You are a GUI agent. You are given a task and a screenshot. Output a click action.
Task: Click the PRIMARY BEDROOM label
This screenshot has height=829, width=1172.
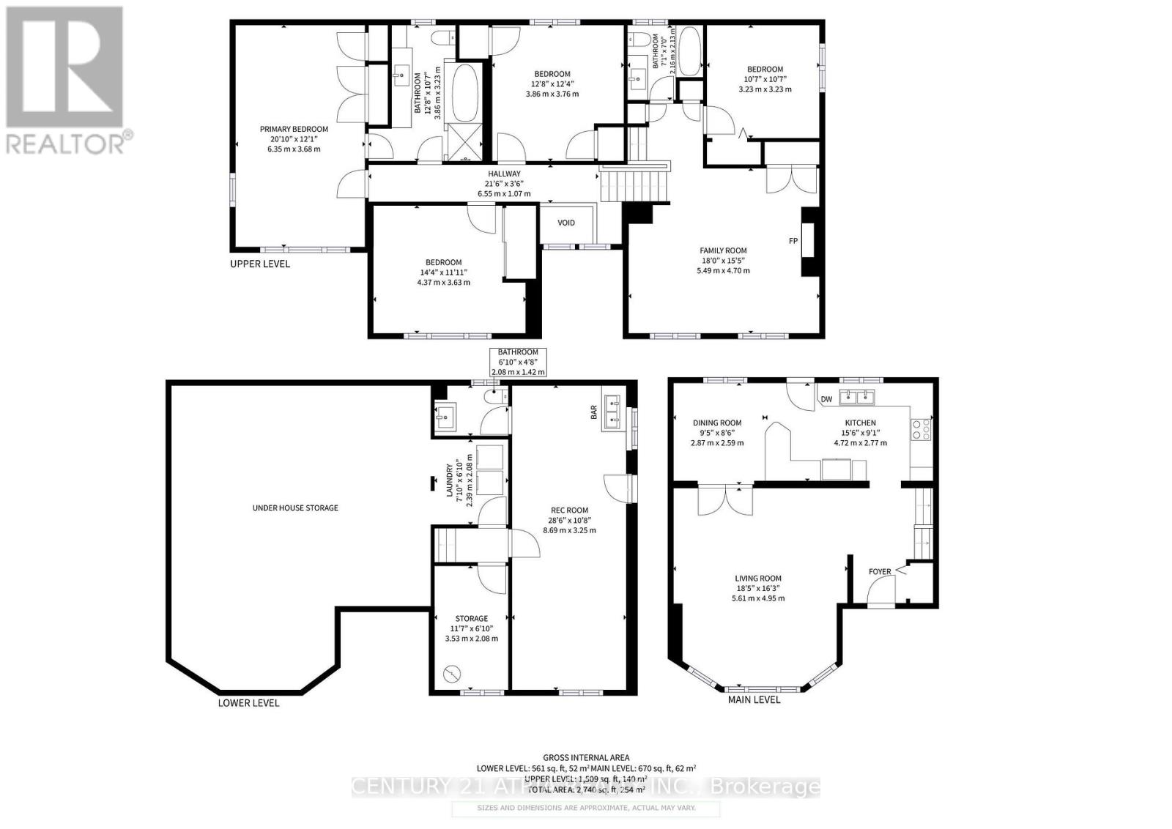point(294,129)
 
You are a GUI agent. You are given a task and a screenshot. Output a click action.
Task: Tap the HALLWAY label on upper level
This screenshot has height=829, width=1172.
point(504,174)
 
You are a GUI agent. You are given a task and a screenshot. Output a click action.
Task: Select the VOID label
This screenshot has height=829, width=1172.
point(566,223)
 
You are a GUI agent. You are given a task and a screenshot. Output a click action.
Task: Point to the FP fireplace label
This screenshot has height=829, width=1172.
point(793,241)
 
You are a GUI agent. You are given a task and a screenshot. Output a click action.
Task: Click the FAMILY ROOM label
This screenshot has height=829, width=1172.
point(723,250)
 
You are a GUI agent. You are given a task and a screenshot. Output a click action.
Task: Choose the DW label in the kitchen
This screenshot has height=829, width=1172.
point(826,399)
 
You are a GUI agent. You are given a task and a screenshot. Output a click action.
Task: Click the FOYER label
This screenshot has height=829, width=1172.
point(880,572)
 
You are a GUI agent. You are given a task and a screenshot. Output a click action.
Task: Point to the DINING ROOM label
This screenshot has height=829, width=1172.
point(717,423)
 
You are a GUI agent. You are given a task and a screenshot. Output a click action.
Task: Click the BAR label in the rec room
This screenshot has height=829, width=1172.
point(594,413)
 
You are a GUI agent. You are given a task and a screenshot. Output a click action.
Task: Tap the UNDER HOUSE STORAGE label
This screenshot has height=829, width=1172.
point(295,508)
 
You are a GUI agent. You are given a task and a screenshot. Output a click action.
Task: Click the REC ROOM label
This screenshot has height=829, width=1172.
point(569,510)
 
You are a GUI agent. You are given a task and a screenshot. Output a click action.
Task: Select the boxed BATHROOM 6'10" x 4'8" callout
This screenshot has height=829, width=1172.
point(518,362)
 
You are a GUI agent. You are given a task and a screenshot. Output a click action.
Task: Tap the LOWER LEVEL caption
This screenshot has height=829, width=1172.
point(248,703)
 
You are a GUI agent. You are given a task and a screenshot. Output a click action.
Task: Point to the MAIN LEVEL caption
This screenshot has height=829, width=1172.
point(754,699)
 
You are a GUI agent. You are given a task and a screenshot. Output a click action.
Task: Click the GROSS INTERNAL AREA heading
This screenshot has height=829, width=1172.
point(586,758)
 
